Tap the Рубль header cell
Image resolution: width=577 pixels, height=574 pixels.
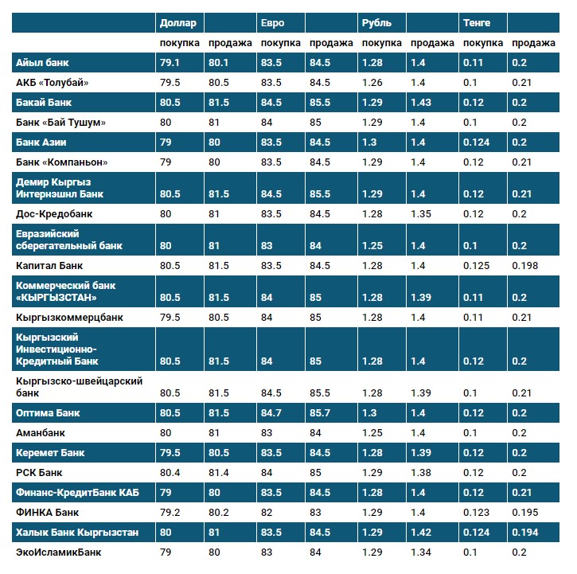coord(376,22)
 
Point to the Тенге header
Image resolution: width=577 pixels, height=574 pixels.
coord(477,22)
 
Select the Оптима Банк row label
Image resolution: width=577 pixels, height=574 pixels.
coord(49,413)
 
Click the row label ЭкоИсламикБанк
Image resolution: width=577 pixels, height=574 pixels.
coord(58,552)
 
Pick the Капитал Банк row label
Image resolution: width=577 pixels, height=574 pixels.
coord(49,265)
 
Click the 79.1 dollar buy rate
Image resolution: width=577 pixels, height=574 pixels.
coord(170,62)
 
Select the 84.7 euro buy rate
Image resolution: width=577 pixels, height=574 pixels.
coord(271,413)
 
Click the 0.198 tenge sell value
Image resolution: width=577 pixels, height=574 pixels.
coord(524,265)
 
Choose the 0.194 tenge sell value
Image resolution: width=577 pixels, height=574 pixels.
coord(524,532)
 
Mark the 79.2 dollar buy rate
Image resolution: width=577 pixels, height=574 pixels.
coord(170,512)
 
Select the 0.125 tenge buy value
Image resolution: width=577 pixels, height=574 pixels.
coord(477,265)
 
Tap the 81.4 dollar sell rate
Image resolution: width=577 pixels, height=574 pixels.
coord(218,473)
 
